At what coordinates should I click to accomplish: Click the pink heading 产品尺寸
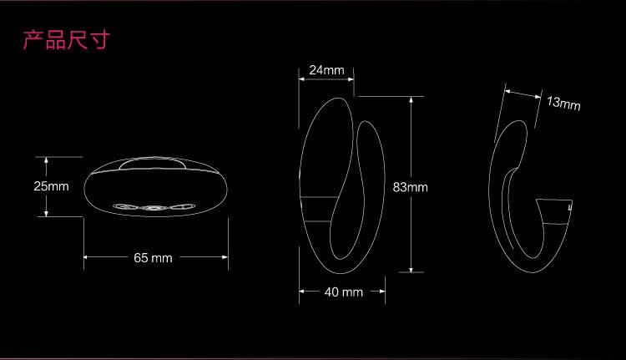(x=66, y=40)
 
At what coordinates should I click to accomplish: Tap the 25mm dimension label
(x=51, y=186)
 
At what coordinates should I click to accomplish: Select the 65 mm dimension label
(x=153, y=258)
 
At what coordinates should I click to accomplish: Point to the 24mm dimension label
(x=326, y=70)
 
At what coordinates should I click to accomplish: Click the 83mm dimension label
(x=410, y=187)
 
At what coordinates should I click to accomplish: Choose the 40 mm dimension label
(x=343, y=292)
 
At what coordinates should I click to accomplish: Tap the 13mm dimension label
(x=563, y=103)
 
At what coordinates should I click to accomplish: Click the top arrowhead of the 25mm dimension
(x=46, y=160)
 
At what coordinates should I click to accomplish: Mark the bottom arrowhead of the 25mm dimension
(x=46, y=213)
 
